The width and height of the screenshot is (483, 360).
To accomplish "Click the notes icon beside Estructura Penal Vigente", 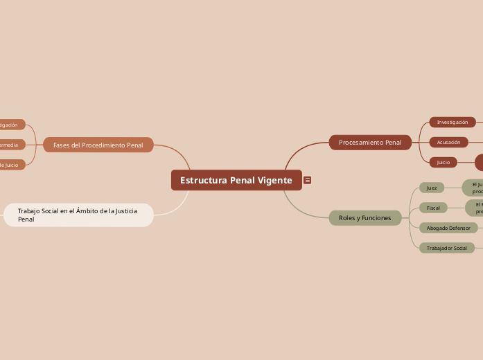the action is point(307,180).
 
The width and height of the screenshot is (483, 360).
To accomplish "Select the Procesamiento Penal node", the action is point(370,143).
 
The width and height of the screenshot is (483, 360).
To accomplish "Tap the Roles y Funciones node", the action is point(365,218).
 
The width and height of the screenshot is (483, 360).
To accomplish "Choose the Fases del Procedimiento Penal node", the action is point(98,145).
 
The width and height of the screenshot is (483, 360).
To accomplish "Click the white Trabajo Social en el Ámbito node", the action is point(78,215).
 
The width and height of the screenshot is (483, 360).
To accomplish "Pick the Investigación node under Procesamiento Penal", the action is point(453,123).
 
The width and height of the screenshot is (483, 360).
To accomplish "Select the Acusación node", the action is point(448,142).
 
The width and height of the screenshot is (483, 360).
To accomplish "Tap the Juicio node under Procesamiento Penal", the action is point(443,162).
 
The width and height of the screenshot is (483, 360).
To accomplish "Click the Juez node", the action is point(432,188).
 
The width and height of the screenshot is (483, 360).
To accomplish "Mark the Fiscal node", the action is point(433,208).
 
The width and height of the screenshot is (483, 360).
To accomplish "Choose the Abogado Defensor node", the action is point(448,228).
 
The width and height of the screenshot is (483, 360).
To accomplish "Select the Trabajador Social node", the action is point(446,248).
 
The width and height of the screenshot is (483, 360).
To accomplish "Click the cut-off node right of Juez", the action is point(474,188).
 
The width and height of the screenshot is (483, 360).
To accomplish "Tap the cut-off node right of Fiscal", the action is point(475,208).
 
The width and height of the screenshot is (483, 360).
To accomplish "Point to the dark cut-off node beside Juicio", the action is point(479,162).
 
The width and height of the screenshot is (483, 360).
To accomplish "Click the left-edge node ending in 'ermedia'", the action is point(11,145).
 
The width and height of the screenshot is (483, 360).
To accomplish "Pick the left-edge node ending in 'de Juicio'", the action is point(11,165).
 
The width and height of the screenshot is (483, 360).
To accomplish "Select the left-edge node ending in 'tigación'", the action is point(11,125).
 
